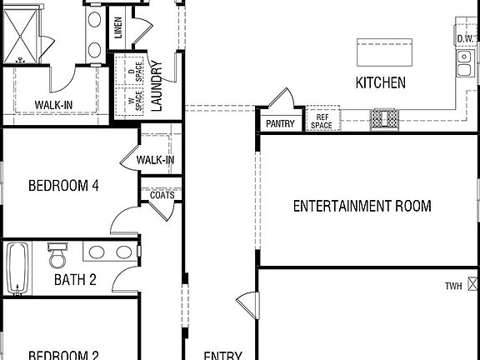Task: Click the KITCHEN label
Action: [380, 82]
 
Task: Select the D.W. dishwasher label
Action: [466, 38]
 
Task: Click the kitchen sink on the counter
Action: [463, 62]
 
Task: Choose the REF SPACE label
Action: [321, 121]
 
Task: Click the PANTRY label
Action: [280, 124]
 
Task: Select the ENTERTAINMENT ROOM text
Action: [362, 206]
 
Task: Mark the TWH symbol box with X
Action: [473, 285]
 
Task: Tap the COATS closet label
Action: [162, 194]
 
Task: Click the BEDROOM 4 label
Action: [63, 185]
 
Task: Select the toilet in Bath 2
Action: [57, 254]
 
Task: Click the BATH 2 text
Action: [75, 279]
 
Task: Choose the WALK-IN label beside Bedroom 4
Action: [155, 160]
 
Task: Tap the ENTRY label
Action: [222, 355]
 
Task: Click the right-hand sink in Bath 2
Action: [123, 252]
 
